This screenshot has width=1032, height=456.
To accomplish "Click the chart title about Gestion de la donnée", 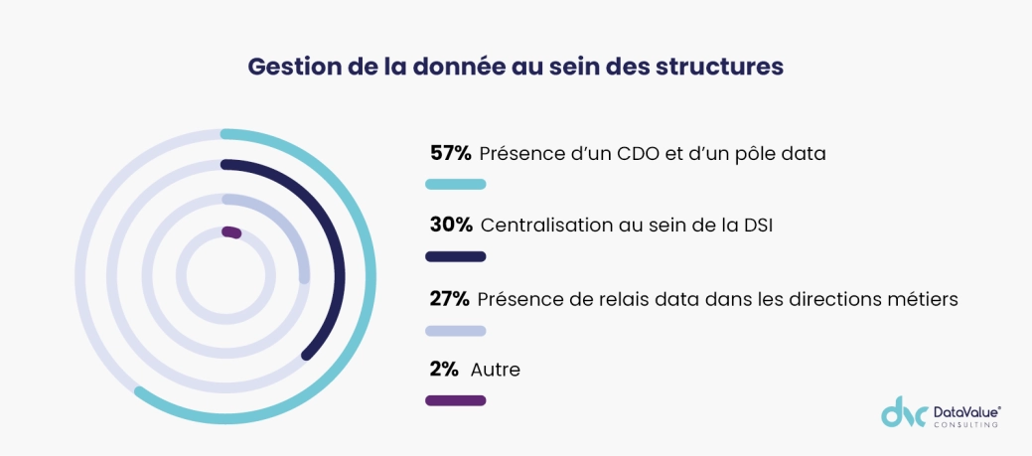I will point(516,67).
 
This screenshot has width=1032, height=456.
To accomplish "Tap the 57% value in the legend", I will point(450,153).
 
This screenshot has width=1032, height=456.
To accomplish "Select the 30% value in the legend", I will point(450,226).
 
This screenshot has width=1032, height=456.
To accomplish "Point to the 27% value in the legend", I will point(449,298).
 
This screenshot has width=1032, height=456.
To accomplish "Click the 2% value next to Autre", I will point(443,370).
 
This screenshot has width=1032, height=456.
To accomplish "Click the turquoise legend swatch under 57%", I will point(455,184).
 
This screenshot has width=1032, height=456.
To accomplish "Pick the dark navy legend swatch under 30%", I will point(455,256).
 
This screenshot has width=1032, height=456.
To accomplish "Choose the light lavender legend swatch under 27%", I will point(455,330).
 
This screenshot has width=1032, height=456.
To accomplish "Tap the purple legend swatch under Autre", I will point(455,400).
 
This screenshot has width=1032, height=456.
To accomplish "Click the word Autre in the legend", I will point(495,370).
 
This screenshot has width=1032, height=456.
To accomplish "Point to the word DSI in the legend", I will point(756,226).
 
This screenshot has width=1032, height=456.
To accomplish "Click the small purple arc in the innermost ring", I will point(231,232).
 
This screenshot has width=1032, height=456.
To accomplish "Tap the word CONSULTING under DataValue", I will point(966,424).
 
